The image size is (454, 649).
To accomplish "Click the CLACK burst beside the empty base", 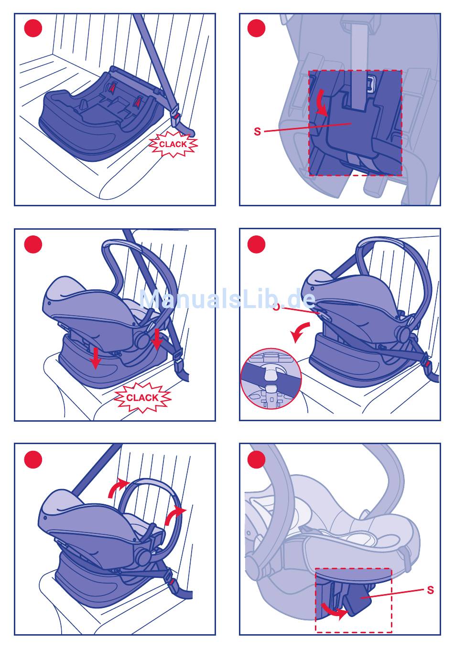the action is [x=173, y=144].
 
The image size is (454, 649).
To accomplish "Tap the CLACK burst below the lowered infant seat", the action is [x=142, y=397].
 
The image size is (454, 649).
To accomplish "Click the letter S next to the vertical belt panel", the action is [x=258, y=131].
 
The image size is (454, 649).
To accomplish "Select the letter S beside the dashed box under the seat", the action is [x=430, y=590].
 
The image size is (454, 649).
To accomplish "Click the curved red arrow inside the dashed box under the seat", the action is [x=333, y=611].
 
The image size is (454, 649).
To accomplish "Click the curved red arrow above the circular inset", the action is [x=301, y=331].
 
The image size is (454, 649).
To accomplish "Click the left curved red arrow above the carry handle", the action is [x=118, y=488].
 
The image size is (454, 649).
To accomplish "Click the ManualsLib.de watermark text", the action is [x=227, y=299].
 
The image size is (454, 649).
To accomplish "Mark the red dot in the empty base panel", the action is [x=33, y=28].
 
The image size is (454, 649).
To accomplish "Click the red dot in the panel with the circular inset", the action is [x=257, y=245].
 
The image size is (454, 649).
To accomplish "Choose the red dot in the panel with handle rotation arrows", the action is [x=33, y=459].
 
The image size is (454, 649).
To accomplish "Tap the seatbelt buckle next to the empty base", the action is [x=177, y=117].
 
